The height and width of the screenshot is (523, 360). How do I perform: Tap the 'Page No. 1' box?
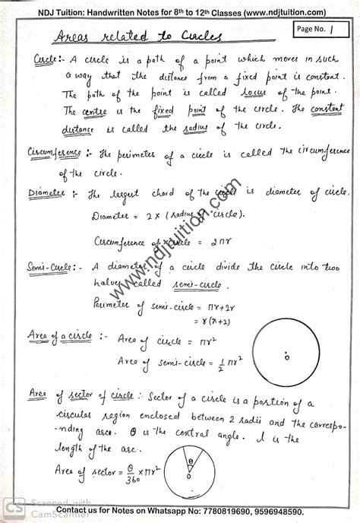coord(314,28)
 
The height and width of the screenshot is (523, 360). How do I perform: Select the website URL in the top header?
coord(282,11)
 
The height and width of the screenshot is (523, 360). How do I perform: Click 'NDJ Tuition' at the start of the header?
coord(39,11)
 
